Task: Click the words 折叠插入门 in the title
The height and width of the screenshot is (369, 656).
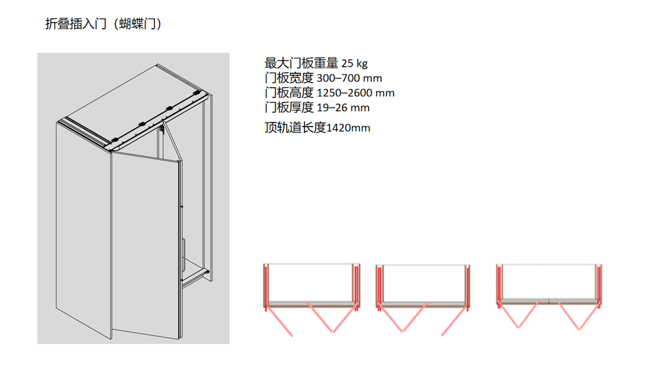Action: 76,24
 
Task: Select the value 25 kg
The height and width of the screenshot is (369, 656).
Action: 354,64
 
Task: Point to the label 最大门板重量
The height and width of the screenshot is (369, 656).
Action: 301,63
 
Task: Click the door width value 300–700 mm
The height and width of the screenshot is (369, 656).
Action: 350,78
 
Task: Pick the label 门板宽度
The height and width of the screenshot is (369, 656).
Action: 289,78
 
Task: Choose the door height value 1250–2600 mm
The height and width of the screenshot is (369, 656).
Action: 356,93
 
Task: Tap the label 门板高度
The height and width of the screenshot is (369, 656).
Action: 289,93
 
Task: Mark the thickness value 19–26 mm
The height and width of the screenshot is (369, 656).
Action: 343,108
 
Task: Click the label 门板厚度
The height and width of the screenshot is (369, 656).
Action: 289,107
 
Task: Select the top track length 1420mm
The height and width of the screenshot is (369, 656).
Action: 348,128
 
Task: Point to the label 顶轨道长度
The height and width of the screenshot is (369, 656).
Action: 295,127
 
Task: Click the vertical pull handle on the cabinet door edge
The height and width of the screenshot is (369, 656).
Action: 184,252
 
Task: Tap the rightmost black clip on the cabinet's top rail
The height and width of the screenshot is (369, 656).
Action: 195,92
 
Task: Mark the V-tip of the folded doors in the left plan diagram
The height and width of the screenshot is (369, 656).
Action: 333,332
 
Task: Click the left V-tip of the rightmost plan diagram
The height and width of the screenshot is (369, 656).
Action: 519,327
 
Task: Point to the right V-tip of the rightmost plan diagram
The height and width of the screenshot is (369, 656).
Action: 579,329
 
